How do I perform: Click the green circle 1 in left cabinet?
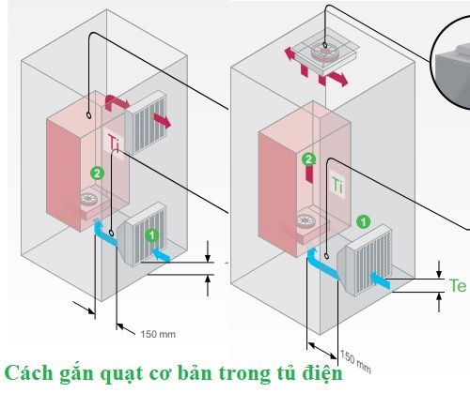tap(152, 235)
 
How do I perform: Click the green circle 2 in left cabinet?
tap(97, 174)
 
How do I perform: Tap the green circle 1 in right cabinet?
tap(364, 222)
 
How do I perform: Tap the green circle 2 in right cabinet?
tap(309, 159)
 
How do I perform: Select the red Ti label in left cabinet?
tap(114, 144)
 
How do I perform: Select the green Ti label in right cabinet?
tap(337, 186)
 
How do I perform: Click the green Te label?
tap(458, 285)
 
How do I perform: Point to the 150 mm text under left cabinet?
tap(158, 334)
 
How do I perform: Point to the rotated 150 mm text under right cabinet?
tap(355, 362)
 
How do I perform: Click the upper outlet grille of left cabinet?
tap(145, 123)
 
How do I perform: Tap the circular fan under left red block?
tap(89, 199)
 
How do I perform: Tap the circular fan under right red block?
tap(305, 220)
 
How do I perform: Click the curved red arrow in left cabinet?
tap(116, 101)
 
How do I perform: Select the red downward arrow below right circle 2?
tap(309, 174)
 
